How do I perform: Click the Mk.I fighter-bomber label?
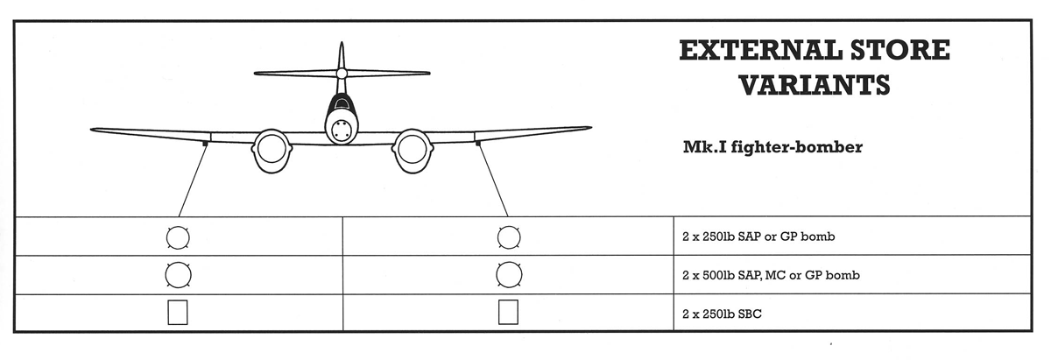tap(773, 147)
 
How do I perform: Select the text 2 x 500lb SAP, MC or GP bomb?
tap(770, 275)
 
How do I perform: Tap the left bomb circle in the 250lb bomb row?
tap(178, 236)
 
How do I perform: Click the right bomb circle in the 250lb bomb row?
tap(508, 236)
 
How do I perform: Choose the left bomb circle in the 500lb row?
tap(178, 275)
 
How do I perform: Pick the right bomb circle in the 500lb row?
tap(508, 275)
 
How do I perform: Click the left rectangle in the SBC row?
tap(178, 313)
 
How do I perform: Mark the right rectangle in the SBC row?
tap(508, 313)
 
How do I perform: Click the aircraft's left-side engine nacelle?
tap(270, 152)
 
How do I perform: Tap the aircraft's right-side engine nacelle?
tap(409, 152)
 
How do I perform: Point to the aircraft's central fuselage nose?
tap(340, 128)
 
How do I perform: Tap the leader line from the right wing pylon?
tap(492, 180)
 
